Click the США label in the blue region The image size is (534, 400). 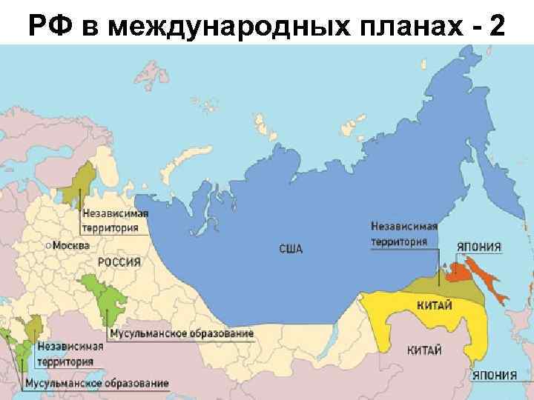291,248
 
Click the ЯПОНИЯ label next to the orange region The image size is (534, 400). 478,247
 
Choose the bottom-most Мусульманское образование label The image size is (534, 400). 96,383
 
